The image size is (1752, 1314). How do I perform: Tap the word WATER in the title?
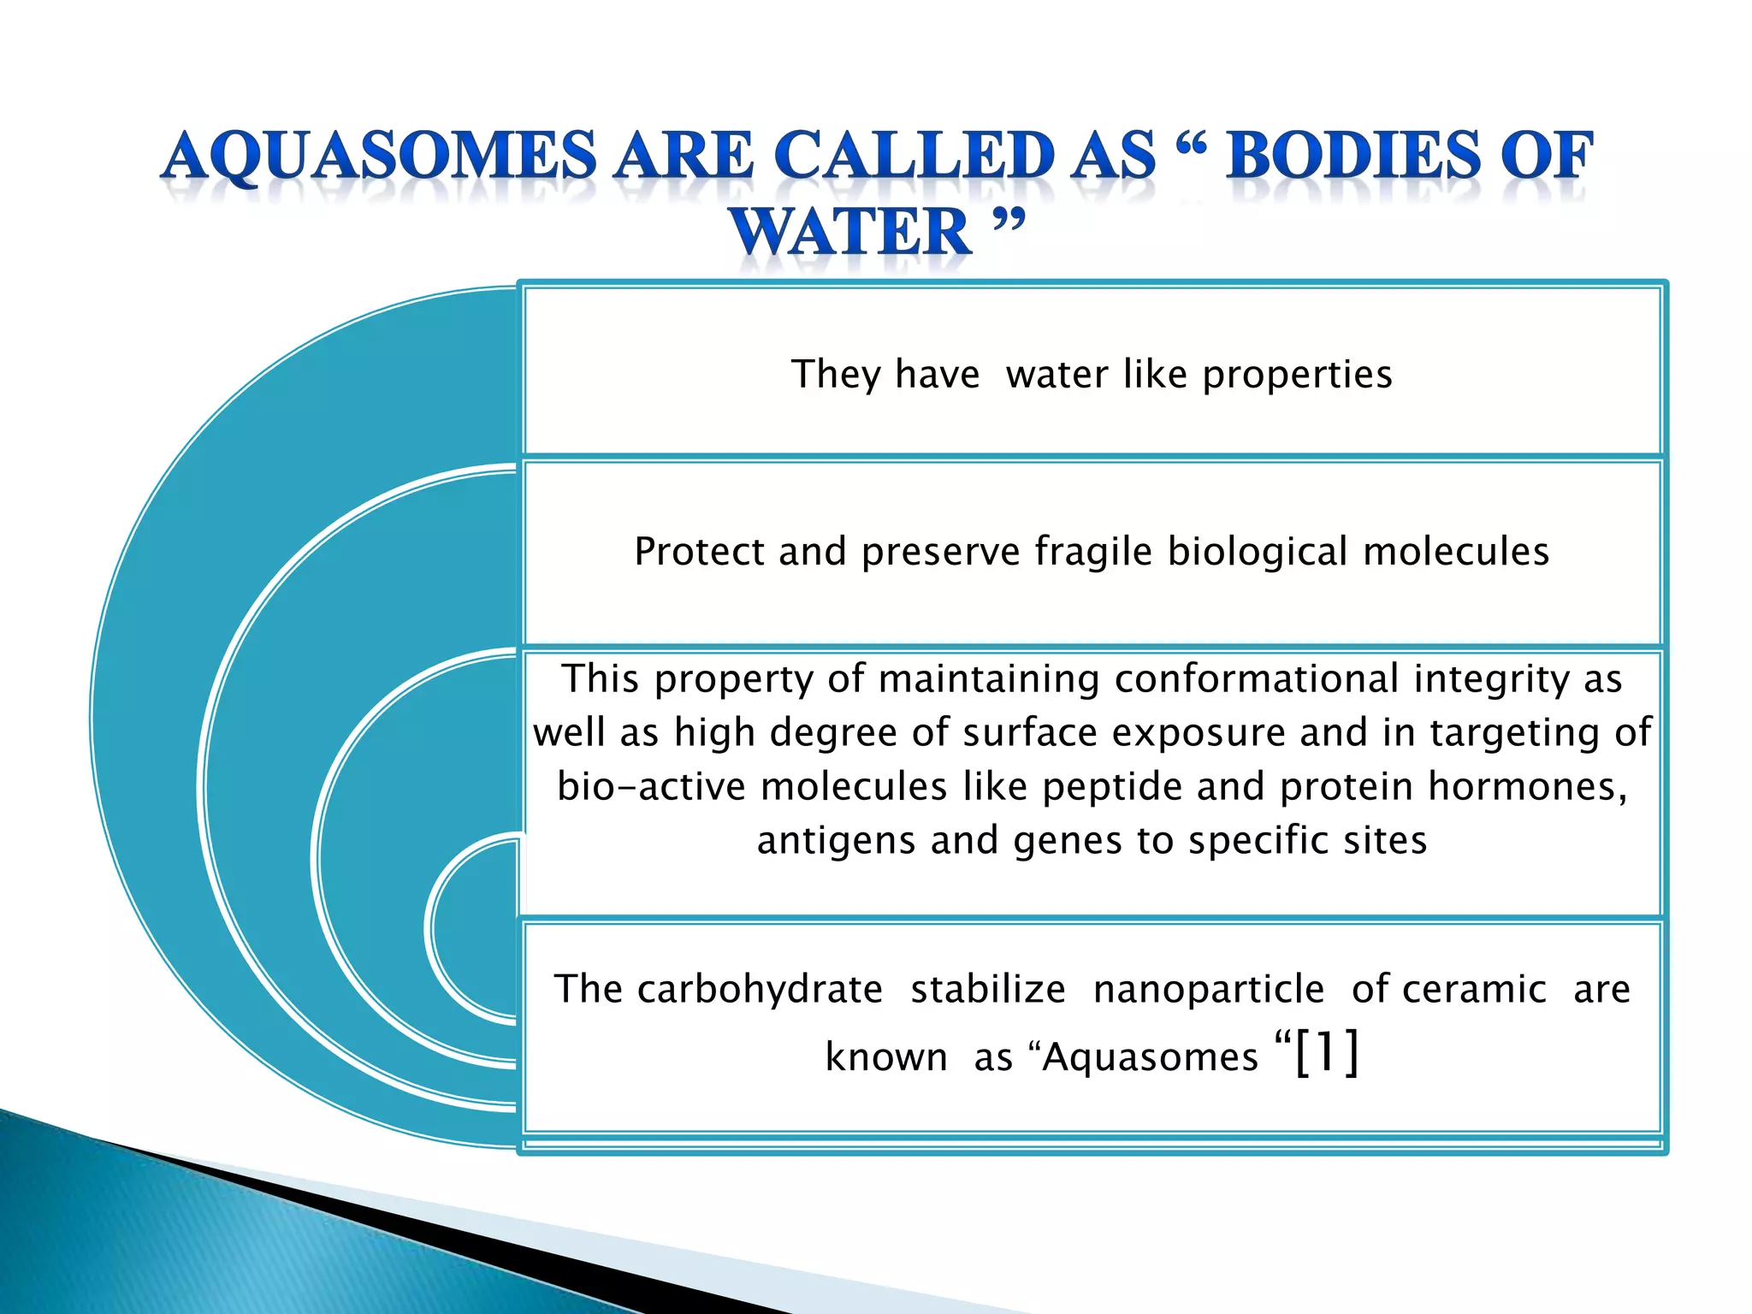click(850, 233)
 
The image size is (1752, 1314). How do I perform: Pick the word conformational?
click(1257, 679)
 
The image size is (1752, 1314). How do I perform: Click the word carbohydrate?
click(760, 990)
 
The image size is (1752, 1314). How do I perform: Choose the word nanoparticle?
click(1208, 990)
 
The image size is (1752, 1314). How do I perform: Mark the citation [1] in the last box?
click(1326, 1052)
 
